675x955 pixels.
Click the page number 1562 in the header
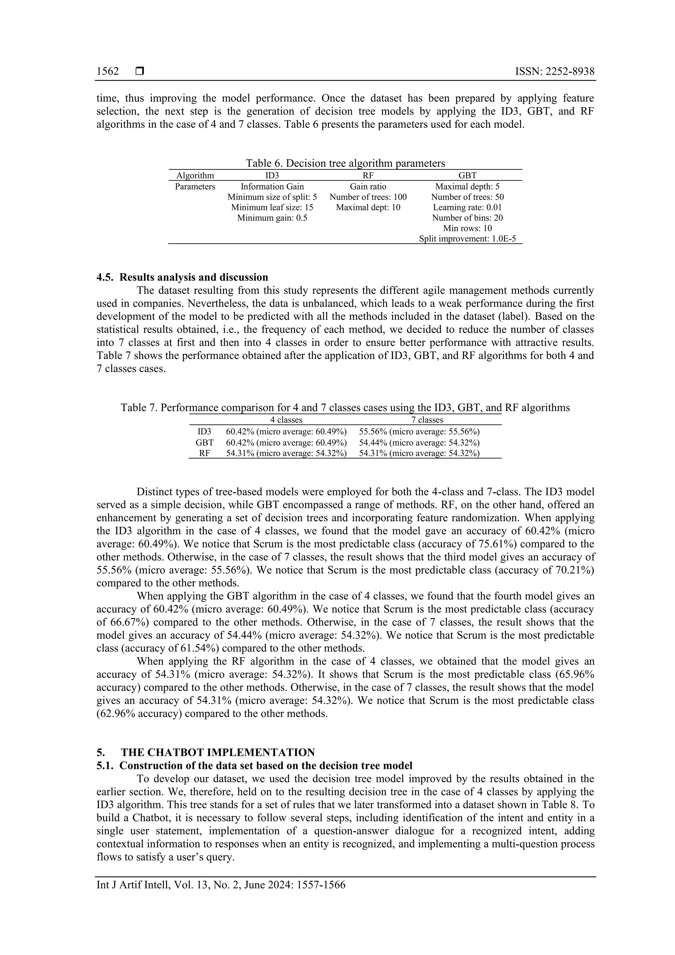click(108, 72)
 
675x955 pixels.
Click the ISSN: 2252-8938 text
click(555, 72)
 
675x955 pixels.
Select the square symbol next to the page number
click(140, 72)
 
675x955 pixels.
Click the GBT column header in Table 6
click(467, 175)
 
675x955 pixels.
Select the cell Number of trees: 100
click(368, 197)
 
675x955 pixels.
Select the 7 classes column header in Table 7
click(427, 420)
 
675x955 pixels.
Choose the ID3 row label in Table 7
click(204, 432)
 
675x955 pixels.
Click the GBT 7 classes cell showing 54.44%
click(419, 443)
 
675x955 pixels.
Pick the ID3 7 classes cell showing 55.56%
click(419, 432)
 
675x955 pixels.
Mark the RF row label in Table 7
click(204, 453)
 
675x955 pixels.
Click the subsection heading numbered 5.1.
click(254, 766)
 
